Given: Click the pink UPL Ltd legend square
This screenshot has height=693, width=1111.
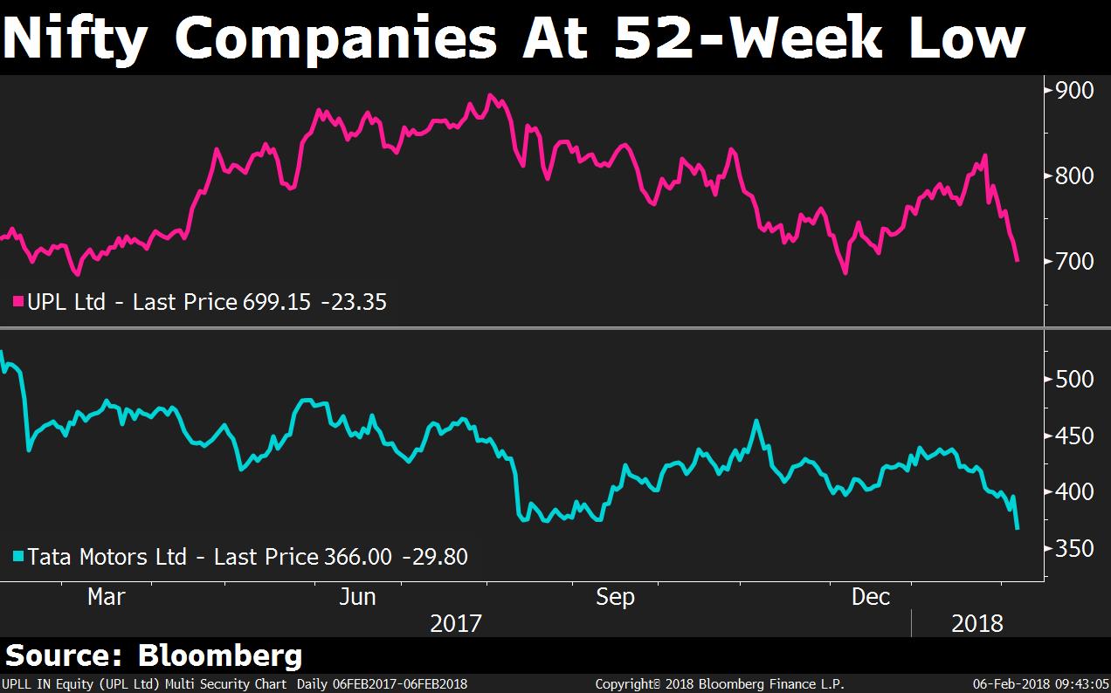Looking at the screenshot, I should pos(17,302).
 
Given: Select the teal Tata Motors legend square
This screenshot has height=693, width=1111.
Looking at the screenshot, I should pos(17,556).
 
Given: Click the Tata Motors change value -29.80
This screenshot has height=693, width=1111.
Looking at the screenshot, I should pos(435,556).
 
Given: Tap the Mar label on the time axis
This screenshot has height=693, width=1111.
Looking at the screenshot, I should pos(106,597).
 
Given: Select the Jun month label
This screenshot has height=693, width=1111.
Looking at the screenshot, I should pos(357,597).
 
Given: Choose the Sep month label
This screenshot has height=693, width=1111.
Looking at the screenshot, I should pos(615,597).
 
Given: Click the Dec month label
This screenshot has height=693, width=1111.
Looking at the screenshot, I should pos(871,597).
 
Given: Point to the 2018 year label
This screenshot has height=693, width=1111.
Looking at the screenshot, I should pos(977,623).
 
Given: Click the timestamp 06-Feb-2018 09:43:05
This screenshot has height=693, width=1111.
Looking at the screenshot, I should pos(1037,684).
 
